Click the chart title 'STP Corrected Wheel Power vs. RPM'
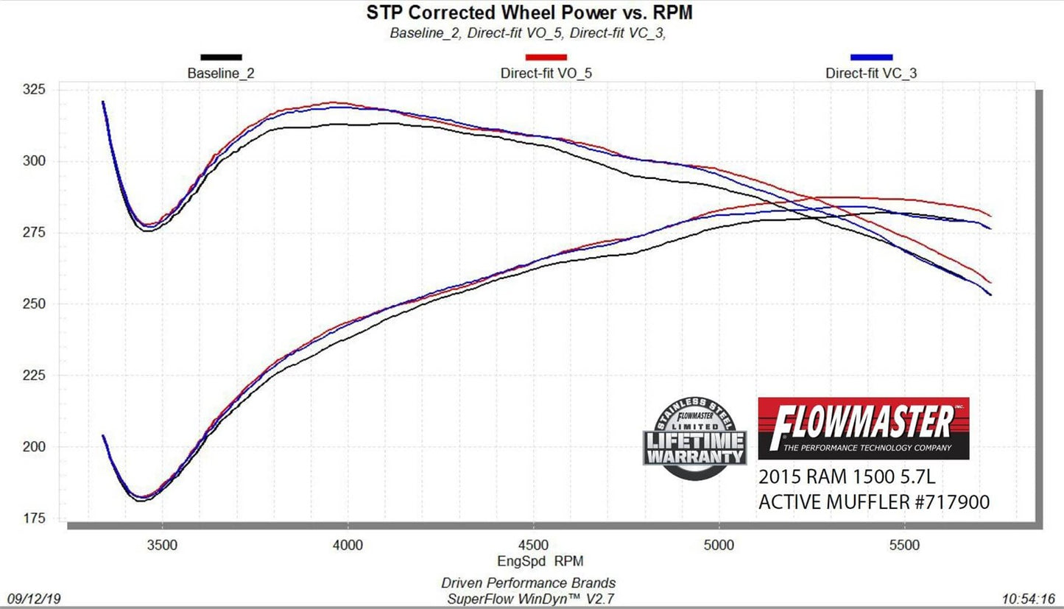coord(529,13)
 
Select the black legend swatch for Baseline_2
coord(221,57)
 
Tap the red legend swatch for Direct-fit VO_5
coord(546,57)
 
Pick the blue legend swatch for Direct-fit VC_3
coord(871,57)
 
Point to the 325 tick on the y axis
coord(34,90)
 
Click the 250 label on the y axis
coord(34,304)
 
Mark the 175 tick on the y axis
coord(34,518)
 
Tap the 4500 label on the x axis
coord(533,545)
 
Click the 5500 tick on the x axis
coord(904,545)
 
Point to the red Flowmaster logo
coord(863,429)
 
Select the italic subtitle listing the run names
coord(528,33)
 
